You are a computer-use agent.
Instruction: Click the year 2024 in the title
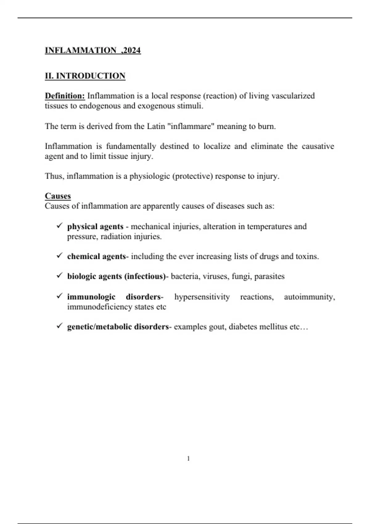(x=132, y=50)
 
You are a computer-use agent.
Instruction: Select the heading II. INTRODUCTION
(x=85, y=76)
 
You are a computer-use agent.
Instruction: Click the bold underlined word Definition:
(x=65, y=96)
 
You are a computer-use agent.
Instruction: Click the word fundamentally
(x=131, y=146)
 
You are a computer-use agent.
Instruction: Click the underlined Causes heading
(x=58, y=196)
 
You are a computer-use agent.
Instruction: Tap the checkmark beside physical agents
(x=60, y=226)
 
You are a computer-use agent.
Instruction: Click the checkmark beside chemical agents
(x=60, y=256)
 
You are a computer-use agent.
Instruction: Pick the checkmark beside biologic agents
(x=60, y=276)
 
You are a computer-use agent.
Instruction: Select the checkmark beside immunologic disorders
(x=60, y=296)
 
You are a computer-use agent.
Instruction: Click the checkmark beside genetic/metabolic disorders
(x=60, y=326)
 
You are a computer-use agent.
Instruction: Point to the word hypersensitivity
(x=202, y=297)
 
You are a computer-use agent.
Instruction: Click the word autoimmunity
(x=309, y=297)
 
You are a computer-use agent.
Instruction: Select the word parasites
(x=269, y=276)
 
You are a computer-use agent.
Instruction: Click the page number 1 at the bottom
(x=188, y=459)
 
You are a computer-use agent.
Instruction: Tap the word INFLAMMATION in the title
(x=80, y=50)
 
